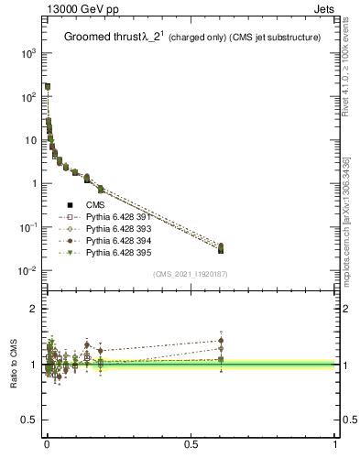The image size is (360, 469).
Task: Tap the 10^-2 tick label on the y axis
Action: coord(27,271)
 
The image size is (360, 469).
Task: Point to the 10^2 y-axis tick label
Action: coord(27,97)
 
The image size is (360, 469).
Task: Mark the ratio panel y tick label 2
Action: coord(35,310)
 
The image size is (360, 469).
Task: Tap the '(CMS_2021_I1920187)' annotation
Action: coord(191,274)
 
